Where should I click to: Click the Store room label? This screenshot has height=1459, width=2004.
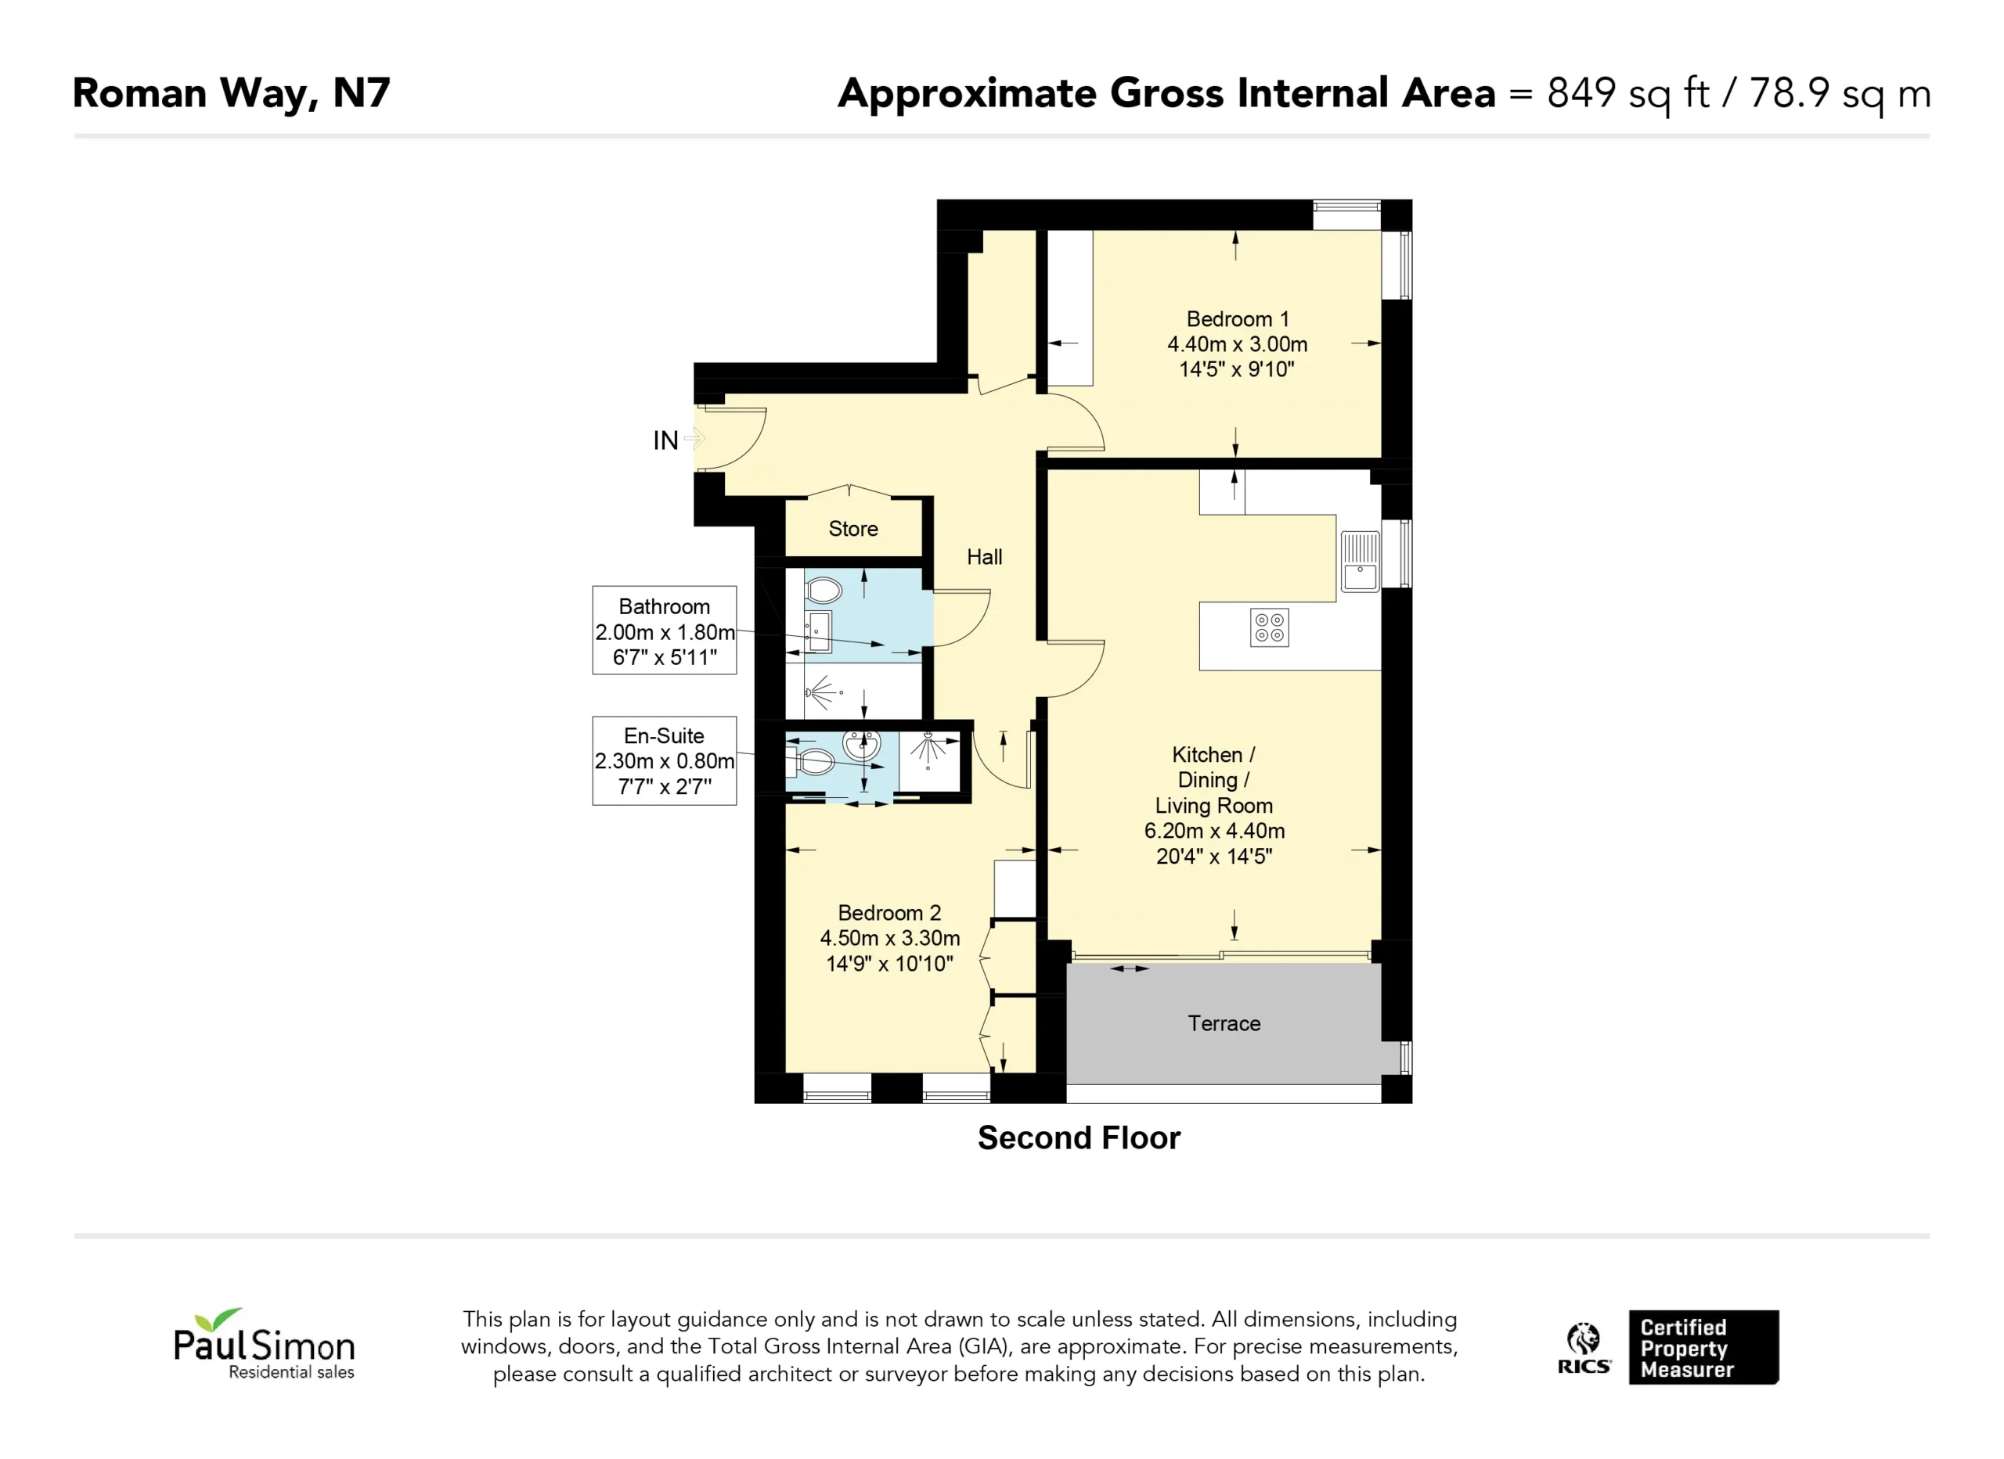tap(852, 529)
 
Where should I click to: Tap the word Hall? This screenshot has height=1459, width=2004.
tap(984, 557)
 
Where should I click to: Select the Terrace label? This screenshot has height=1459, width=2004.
tap(1224, 1023)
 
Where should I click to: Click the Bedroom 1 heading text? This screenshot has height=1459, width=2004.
tap(1237, 319)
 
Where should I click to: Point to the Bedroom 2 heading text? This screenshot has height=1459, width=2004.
tap(889, 912)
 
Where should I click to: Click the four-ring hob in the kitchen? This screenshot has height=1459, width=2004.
tap(1269, 628)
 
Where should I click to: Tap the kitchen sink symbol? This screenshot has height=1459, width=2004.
tap(1360, 561)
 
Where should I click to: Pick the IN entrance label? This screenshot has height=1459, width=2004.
tap(665, 440)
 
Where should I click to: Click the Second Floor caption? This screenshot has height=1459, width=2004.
tap(1079, 1138)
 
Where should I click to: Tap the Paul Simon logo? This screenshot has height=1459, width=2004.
tap(264, 1343)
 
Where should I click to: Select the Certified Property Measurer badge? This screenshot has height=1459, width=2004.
tap(1703, 1348)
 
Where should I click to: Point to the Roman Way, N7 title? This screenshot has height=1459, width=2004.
tap(232, 94)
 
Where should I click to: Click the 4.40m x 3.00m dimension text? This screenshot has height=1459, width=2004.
tap(1237, 344)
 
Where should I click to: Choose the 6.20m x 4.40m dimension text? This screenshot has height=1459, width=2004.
tap(1214, 831)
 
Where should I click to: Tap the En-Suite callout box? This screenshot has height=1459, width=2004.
tap(665, 760)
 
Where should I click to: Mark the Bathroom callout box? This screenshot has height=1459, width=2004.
tap(665, 631)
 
